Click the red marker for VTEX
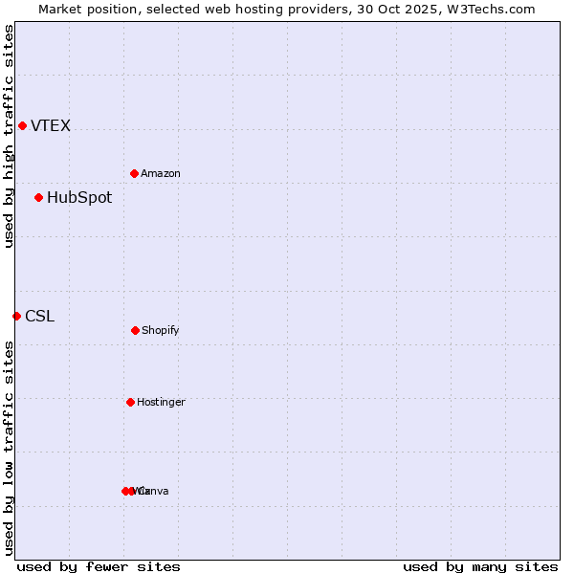click(22, 125)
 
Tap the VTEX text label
click(51, 126)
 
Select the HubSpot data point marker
click(38, 197)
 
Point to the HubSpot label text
click(79, 198)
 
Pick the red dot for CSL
click(16, 316)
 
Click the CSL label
click(39, 317)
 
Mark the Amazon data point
click(134, 173)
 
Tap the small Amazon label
click(161, 174)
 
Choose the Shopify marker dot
click(135, 330)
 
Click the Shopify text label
click(161, 331)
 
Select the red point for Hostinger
click(130, 402)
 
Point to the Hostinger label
click(161, 403)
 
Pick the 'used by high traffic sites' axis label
click(9, 136)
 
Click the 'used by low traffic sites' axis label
click(9, 448)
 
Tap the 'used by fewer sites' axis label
click(98, 566)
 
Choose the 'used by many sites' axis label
click(480, 566)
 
